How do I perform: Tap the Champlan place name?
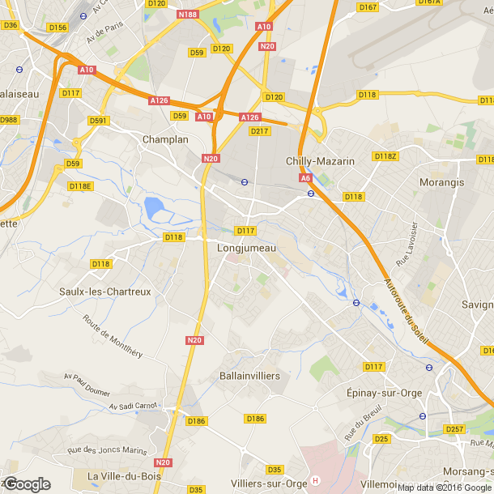click(x=165, y=139)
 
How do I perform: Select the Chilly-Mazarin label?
click(x=320, y=161)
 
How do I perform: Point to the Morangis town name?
click(x=442, y=182)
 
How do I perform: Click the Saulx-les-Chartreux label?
click(x=105, y=292)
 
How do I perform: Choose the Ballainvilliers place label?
click(x=249, y=377)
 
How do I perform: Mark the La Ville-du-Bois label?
click(x=121, y=475)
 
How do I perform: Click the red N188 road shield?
click(x=187, y=15)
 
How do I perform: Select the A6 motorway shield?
click(x=305, y=177)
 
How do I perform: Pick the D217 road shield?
click(x=260, y=130)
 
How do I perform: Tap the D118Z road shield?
click(x=385, y=155)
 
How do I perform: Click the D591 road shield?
click(x=98, y=121)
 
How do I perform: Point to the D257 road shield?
click(x=454, y=428)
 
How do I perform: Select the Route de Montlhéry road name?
click(x=113, y=336)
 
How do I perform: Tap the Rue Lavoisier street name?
click(x=405, y=245)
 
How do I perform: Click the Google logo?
click(x=27, y=483)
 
